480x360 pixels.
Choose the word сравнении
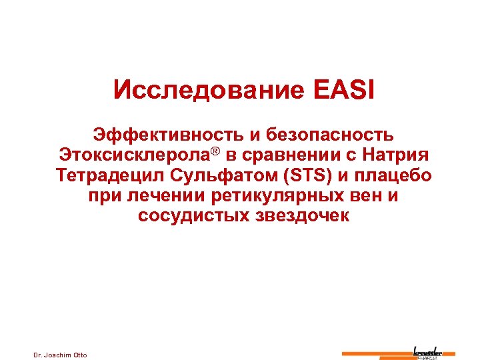coord(297,156)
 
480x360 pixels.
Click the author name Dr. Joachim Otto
coord(60,354)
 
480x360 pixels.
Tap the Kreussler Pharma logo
coord(434,352)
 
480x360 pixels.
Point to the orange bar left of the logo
coord(377,353)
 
